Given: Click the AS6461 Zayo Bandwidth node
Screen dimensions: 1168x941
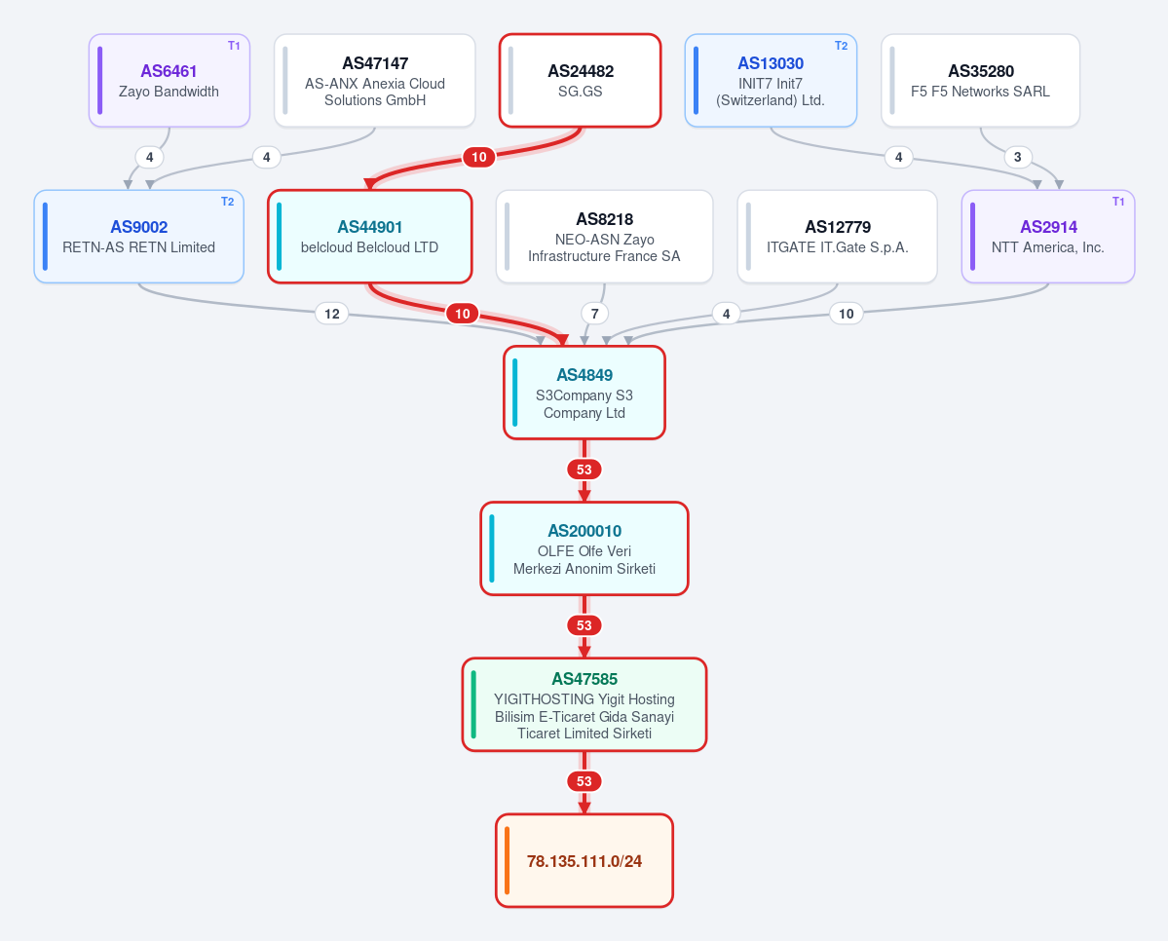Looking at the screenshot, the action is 170,81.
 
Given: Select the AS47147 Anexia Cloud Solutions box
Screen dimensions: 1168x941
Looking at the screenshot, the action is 375,81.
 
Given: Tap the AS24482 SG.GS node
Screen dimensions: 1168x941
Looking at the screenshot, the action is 581,81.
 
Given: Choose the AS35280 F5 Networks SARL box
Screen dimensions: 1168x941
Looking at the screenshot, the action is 980,81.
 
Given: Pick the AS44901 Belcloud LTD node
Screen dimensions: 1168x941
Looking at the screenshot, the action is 370,236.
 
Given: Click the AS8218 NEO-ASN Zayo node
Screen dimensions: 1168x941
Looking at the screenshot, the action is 604,236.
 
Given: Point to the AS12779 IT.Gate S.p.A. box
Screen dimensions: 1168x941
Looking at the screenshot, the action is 837,236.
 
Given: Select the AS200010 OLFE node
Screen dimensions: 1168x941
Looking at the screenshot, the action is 584,548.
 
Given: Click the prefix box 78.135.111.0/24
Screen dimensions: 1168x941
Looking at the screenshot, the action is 584,860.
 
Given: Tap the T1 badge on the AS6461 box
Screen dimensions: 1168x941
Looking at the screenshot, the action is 234,46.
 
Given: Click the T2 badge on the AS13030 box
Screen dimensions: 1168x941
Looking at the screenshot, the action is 841,46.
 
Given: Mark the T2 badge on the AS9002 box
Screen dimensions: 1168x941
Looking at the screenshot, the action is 227,202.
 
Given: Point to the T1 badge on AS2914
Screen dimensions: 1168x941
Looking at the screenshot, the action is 1118,202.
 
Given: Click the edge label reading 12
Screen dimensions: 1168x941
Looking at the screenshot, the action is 332,314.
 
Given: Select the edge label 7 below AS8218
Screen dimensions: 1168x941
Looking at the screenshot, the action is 594,314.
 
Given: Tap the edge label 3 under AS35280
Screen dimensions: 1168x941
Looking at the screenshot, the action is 1018,157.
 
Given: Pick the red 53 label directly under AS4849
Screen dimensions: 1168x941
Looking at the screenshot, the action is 584,470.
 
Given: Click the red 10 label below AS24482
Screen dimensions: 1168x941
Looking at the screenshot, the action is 479,157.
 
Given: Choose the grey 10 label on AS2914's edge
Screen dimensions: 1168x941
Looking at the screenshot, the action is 847,314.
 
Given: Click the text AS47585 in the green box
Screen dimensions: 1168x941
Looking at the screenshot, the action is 584,679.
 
